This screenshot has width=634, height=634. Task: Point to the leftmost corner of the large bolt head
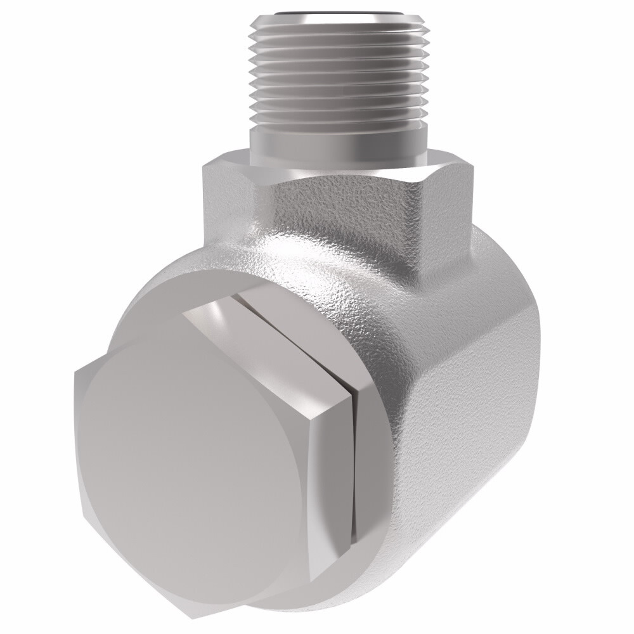coord(75,374)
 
